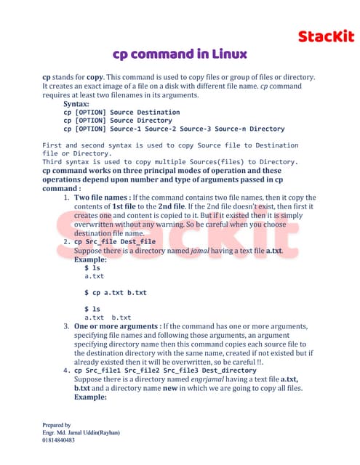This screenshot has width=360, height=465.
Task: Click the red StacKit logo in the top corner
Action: click(x=327, y=36)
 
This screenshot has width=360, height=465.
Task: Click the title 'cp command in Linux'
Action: click(x=180, y=54)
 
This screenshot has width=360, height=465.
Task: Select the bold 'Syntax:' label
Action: click(x=76, y=104)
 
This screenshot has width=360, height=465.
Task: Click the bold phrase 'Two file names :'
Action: click(x=101, y=198)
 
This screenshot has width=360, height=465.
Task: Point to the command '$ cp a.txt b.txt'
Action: click(x=115, y=292)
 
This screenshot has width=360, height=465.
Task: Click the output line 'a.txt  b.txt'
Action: click(x=108, y=318)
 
